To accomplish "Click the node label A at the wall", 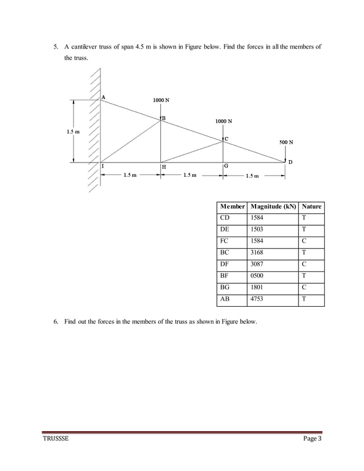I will (103, 97).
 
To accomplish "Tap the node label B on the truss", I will (164, 118).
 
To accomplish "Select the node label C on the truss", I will (226, 139).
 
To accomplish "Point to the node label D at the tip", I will (290, 163).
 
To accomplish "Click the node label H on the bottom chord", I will (164, 168).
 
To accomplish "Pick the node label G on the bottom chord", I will (227, 166).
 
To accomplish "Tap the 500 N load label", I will (286, 142).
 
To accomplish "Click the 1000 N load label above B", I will (161, 100).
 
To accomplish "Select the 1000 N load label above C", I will (224, 121).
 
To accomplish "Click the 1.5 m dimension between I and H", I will (130, 176).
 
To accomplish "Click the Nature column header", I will (312, 206).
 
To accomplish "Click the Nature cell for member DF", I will (304, 264).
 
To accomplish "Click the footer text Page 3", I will (312, 437).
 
